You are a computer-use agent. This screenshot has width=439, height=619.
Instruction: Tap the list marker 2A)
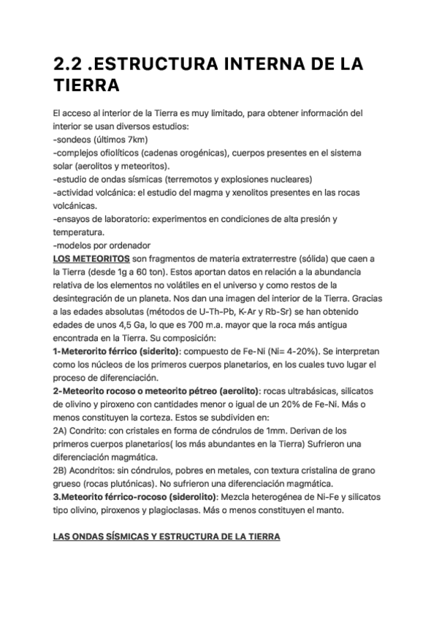(61, 430)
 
